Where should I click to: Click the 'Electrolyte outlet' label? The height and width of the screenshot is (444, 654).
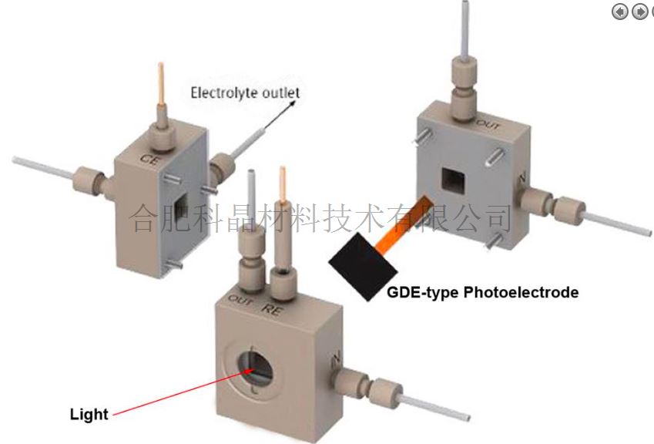(245, 93)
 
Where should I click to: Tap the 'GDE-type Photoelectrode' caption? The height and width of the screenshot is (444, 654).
(482, 293)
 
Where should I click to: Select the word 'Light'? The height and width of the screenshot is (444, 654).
(89, 414)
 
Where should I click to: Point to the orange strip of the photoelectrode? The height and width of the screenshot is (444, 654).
(409, 220)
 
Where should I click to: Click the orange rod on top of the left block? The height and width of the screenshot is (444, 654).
(160, 84)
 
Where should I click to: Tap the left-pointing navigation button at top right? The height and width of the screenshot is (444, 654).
(619, 11)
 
